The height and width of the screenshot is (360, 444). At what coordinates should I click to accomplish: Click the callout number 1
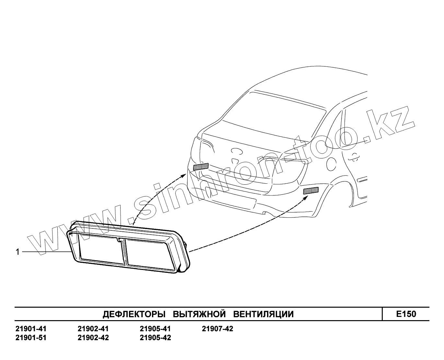(x=18, y=252)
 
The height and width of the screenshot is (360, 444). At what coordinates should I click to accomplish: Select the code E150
(x=406, y=314)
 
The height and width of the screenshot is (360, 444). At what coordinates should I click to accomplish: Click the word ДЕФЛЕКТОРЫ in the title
(x=134, y=314)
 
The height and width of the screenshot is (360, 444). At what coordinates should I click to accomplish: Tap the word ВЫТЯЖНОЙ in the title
(x=199, y=314)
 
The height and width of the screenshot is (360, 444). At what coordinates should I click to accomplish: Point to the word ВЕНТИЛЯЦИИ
(x=263, y=314)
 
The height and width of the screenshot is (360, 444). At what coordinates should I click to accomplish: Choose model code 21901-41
(x=31, y=329)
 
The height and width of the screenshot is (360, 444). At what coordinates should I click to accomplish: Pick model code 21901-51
(x=31, y=338)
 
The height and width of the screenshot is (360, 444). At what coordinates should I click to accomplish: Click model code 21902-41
(x=93, y=329)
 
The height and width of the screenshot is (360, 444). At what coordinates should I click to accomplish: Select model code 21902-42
(x=93, y=338)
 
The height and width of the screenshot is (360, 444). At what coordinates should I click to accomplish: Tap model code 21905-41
(x=155, y=329)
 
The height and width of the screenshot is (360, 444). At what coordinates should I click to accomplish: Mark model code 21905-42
(x=155, y=338)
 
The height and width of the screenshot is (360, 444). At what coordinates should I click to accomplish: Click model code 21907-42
(x=217, y=329)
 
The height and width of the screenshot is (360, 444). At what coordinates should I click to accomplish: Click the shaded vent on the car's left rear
(x=201, y=167)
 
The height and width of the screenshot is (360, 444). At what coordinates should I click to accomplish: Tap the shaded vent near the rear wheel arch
(x=311, y=191)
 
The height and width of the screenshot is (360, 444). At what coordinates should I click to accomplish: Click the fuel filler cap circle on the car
(x=331, y=164)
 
